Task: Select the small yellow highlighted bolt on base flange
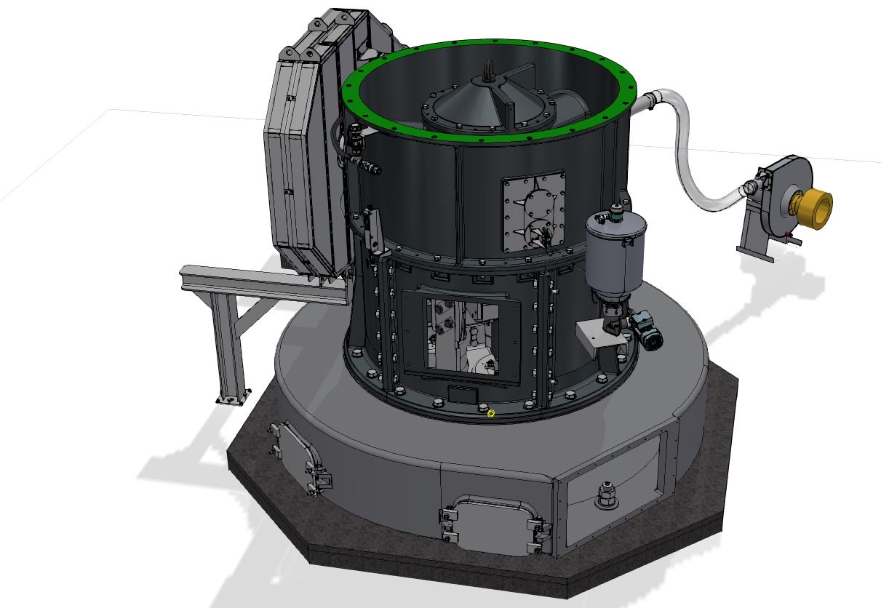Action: coord(490,413)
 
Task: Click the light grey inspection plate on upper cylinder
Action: coord(533,212)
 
